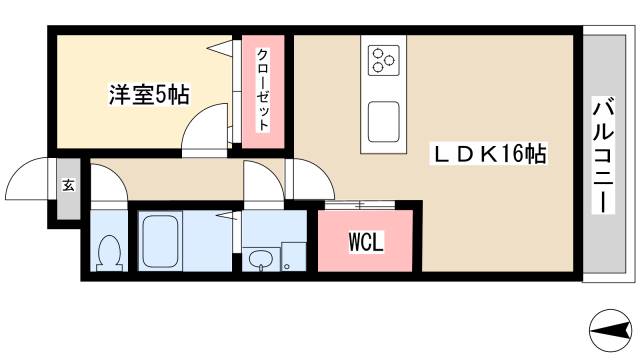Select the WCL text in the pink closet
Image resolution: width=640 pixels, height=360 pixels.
(365, 243)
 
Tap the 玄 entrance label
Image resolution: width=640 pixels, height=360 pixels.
(69, 185)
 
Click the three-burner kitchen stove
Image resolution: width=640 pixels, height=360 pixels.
(383, 59)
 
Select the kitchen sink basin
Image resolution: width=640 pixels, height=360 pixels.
(383, 122)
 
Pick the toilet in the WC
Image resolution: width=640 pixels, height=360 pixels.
(108, 252)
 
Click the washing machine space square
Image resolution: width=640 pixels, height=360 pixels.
(292, 256)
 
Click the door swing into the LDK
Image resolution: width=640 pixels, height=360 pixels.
(310, 180)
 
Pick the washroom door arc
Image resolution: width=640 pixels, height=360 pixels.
(262, 186)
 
